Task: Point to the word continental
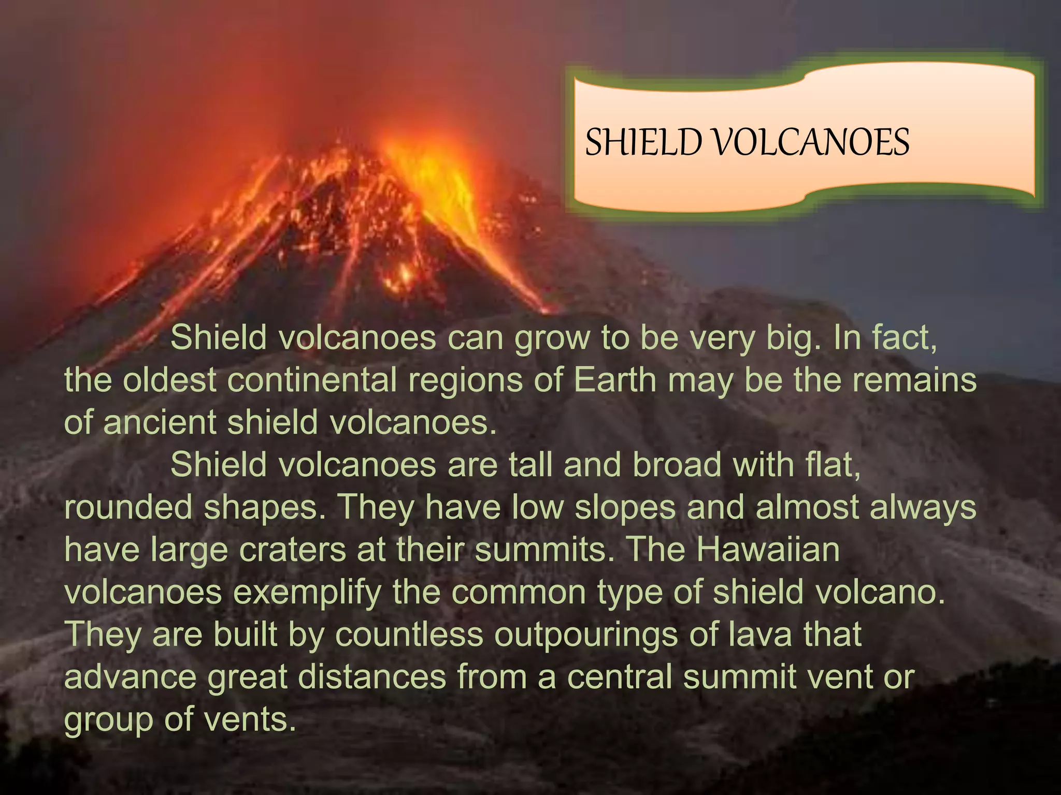pyautogui.click(x=311, y=380)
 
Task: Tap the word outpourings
pyautogui.click(x=585, y=634)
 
